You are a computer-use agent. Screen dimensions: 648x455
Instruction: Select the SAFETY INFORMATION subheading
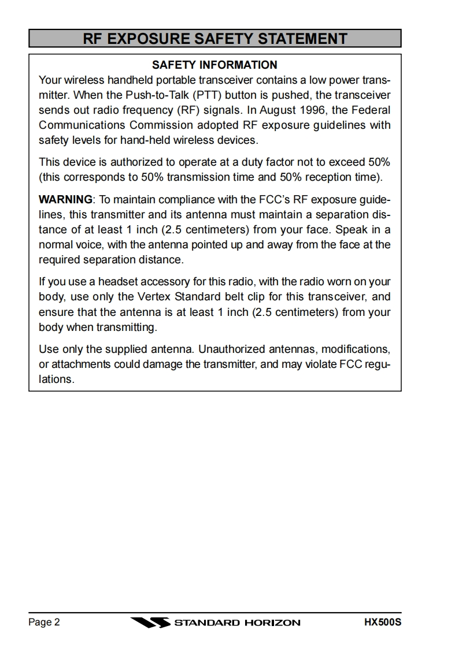[x=214, y=65]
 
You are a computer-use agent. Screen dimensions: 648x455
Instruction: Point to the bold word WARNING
[x=65, y=200]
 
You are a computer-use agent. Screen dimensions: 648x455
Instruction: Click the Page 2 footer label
[x=44, y=622]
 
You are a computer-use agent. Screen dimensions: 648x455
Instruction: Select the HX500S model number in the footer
[x=382, y=622]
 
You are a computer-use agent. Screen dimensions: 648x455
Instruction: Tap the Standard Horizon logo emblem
[x=150, y=623]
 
